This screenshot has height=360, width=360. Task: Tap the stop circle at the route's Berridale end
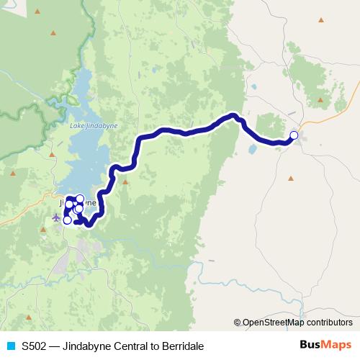294,135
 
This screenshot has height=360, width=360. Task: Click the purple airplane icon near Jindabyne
56,217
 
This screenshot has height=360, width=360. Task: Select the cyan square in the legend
10,346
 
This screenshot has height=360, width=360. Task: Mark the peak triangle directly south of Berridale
291,178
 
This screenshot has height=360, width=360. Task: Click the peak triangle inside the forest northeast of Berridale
320,99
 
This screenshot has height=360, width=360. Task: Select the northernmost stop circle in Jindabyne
80,199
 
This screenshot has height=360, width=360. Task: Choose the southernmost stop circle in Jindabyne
67,220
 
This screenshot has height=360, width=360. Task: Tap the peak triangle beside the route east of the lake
125,181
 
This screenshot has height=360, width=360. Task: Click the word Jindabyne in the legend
83,346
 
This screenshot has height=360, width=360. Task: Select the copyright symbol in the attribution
237,323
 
